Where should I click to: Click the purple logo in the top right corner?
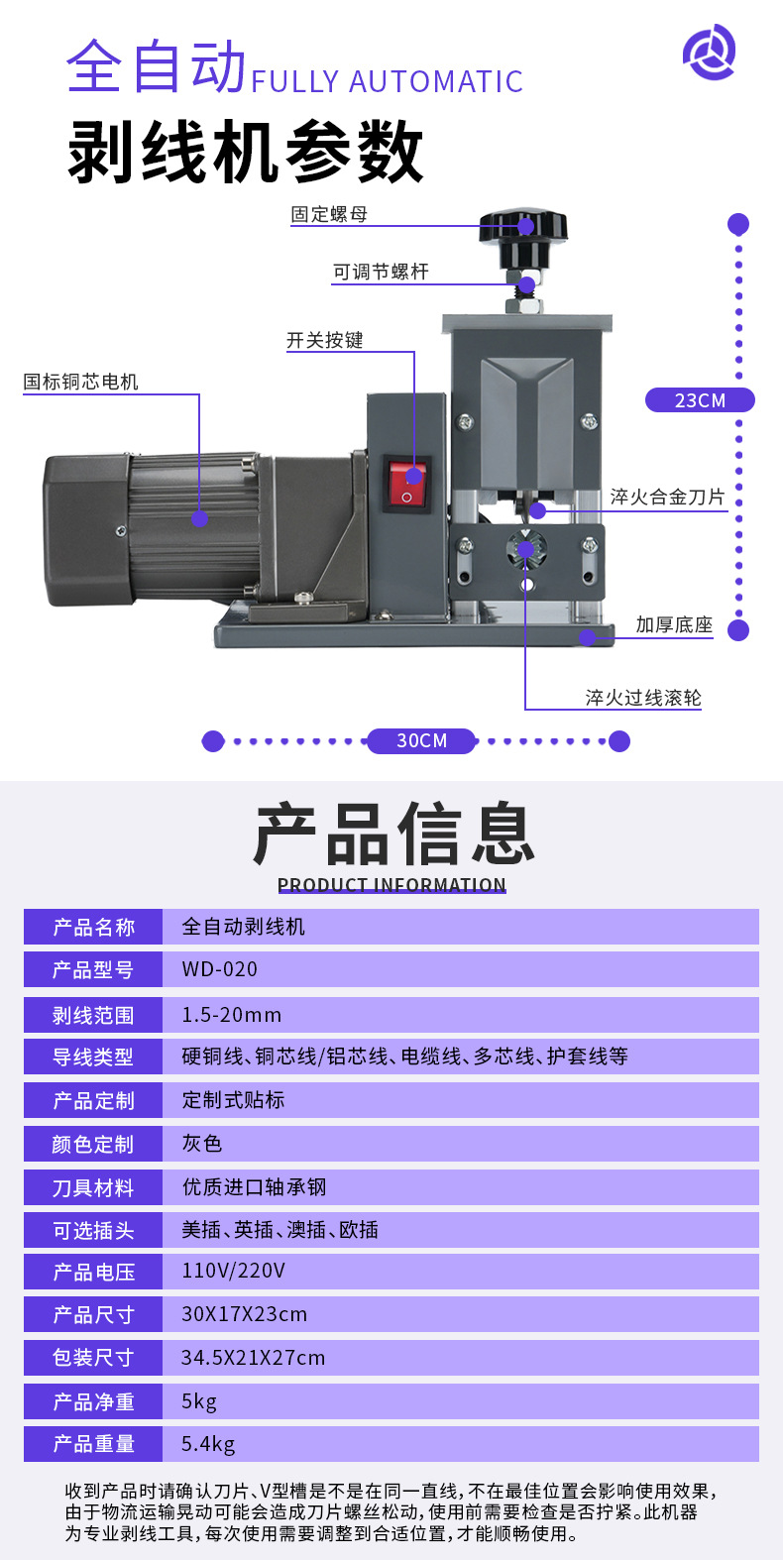709,53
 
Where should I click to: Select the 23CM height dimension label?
700,400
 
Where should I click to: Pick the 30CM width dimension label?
421,740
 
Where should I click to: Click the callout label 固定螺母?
329,214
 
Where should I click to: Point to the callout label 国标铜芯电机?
81,382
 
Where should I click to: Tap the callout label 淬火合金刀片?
667,497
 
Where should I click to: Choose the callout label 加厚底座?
674,624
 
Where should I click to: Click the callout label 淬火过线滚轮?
643,698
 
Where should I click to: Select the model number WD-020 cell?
219,969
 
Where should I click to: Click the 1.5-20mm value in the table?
231,1015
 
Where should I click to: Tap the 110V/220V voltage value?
233,1271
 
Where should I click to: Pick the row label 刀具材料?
92,1188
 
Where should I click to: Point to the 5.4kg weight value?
208,1444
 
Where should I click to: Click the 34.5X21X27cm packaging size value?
253,1358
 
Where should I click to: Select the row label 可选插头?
92,1231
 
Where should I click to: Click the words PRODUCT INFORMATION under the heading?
391,884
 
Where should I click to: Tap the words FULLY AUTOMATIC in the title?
387,81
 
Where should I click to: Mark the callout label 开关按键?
325,340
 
